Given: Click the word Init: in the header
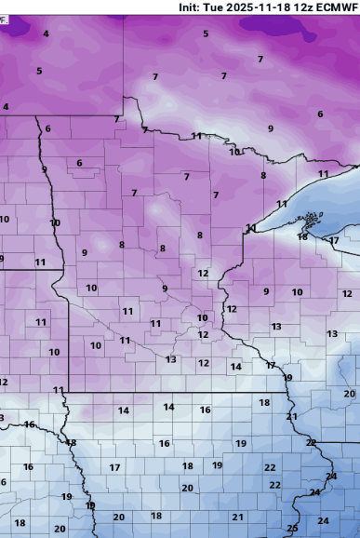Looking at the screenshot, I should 193,7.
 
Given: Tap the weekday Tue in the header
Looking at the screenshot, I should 220,7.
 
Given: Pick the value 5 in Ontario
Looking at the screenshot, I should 206,34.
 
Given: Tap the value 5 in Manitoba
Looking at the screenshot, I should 39,71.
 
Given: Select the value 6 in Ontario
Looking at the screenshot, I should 320,114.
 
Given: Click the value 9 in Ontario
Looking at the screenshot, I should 271,128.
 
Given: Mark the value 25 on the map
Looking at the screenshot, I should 292,529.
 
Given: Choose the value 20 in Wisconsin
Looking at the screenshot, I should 349,394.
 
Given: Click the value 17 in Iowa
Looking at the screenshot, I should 115,467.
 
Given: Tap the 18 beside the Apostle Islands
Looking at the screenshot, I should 302,236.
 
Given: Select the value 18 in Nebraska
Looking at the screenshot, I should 20,523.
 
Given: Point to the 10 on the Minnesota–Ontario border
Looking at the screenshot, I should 234,152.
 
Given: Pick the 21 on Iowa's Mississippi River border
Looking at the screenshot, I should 291,416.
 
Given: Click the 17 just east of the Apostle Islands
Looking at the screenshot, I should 334,241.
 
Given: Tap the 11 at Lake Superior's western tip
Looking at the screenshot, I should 250,228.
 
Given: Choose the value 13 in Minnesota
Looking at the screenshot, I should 171,359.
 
